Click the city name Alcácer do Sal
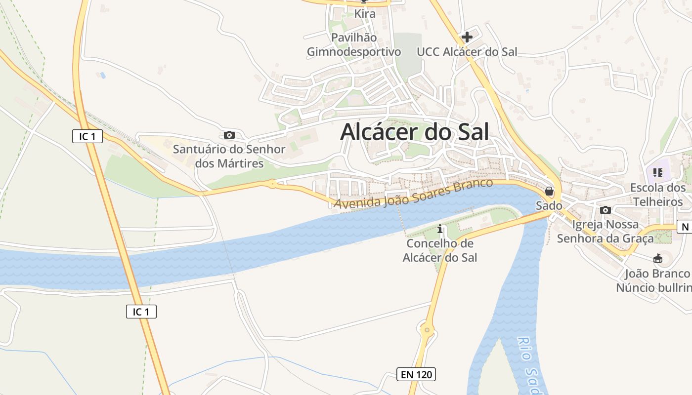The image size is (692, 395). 414,132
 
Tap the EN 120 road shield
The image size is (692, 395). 416,374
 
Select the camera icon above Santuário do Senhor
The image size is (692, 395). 229,135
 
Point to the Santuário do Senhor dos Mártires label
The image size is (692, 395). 229,156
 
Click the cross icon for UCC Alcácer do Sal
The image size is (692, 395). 467,37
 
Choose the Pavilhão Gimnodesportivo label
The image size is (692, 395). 354,44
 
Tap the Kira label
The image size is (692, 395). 365,14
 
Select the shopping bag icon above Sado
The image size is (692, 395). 549,191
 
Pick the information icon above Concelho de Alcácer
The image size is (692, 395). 440,230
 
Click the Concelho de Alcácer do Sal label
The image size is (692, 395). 440,250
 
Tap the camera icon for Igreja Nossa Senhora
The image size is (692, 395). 605,210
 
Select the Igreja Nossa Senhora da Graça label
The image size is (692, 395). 605,231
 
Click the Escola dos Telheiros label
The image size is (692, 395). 658,195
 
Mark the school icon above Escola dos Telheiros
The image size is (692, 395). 657,173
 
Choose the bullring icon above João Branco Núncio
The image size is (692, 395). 658,259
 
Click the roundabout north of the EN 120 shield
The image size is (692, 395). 427,329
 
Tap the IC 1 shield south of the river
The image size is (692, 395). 141,312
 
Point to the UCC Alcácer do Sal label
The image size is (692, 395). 467,52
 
